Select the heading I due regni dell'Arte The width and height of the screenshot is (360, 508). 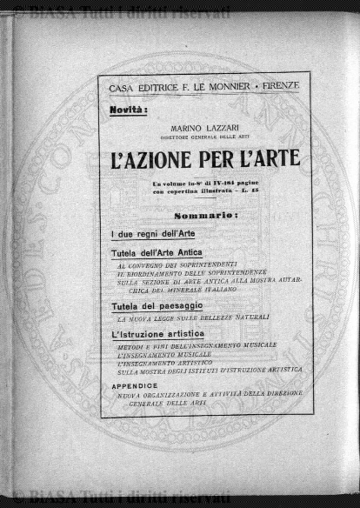tap(152, 235)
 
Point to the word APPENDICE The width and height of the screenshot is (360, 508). tap(134, 384)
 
